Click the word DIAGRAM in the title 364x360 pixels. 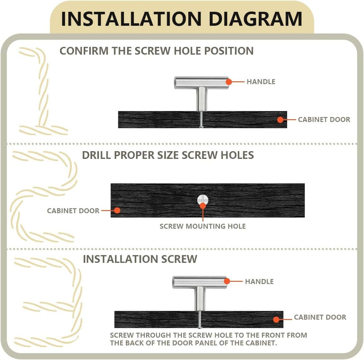(255, 19)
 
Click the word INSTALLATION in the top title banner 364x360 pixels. (131, 19)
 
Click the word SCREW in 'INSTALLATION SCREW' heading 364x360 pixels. (179, 259)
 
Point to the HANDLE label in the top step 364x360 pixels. (261, 82)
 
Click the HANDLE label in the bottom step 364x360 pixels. (259, 281)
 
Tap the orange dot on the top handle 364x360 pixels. (229, 82)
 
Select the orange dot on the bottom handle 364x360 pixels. (227, 281)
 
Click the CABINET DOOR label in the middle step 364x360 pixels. (73, 211)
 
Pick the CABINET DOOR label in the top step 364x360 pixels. (324, 119)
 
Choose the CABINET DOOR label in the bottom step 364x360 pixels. (320, 317)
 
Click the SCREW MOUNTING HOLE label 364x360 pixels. (203, 226)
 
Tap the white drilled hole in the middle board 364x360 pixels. (203, 200)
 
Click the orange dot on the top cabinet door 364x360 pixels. (280, 120)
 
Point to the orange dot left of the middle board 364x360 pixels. (117, 210)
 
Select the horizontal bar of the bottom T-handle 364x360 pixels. (200, 282)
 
